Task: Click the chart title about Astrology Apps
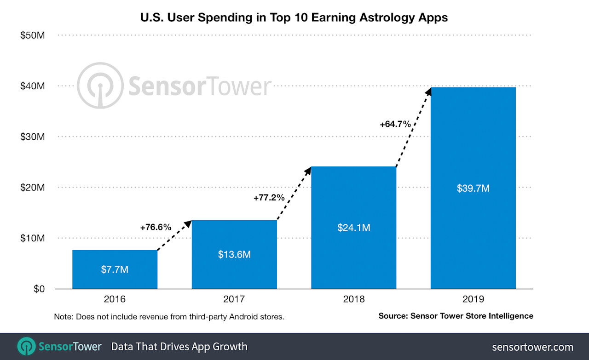tap(294, 17)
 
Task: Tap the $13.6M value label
tap(234, 254)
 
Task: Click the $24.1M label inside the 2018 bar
tap(353, 228)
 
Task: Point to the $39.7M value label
tap(473, 189)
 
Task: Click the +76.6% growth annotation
tap(156, 227)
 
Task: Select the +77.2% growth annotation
tap(269, 198)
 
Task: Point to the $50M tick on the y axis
tap(32, 35)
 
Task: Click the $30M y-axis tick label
tap(32, 137)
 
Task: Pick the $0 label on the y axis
tap(37, 289)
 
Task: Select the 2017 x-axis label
tap(234, 299)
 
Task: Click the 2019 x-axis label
tap(473, 299)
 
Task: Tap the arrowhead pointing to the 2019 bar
tap(428, 91)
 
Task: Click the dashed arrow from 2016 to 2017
tap(174, 236)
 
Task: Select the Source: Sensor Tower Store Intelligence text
tap(456, 316)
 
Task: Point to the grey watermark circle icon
tap(99, 86)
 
